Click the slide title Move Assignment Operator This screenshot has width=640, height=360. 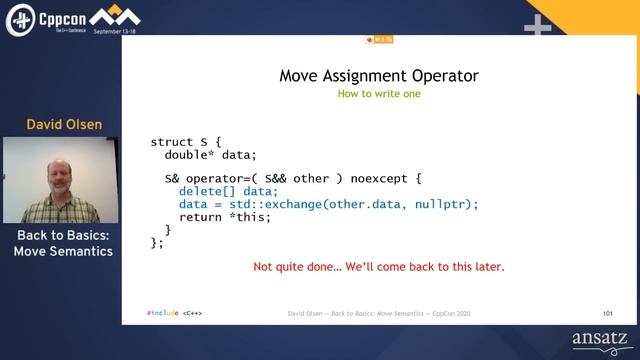coord(378,75)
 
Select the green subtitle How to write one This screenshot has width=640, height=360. coord(378,94)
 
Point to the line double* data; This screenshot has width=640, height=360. coord(211,155)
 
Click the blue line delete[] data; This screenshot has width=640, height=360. coord(228,192)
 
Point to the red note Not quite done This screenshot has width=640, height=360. coord(378,267)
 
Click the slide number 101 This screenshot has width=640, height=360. coord(608,313)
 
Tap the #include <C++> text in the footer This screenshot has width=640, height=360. coord(174,313)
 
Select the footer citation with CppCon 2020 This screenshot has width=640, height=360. coord(378,313)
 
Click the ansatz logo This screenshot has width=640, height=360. coord(599,340)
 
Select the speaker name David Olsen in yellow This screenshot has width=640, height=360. coord(64,125)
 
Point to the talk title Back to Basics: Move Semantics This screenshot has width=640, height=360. coord(63,243)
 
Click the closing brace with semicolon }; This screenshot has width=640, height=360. coord(156,241)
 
